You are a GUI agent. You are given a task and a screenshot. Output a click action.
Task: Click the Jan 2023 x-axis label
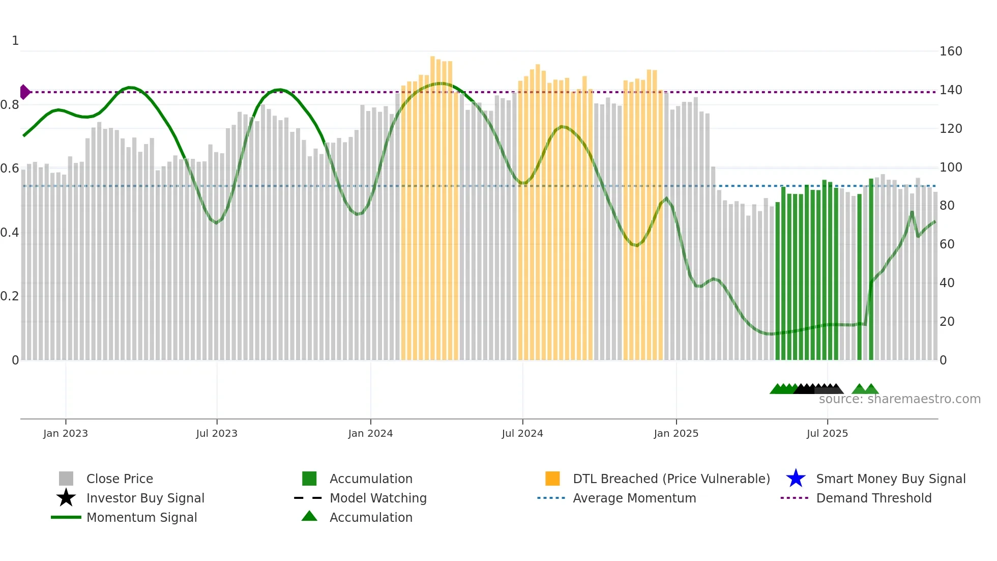66,433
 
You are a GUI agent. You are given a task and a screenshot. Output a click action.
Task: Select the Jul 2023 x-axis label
217,433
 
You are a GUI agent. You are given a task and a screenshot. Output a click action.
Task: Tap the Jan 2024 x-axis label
370,433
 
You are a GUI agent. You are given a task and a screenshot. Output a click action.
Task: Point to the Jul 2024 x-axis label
522,433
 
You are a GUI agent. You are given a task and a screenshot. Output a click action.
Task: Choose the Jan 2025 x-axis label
676,433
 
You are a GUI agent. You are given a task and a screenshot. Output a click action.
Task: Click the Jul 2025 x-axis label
827,433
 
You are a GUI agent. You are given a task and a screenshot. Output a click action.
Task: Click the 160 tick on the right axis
951,51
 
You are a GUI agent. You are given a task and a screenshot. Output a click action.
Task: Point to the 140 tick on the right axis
951,90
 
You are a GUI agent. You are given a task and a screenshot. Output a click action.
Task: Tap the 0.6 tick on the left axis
10,169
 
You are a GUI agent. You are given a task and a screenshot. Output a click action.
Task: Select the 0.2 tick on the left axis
10,296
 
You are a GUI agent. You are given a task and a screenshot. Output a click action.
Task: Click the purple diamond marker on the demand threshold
24,92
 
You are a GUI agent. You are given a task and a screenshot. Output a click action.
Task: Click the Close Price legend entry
120,479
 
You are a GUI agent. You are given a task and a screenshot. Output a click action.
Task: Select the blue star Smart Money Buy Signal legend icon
796,479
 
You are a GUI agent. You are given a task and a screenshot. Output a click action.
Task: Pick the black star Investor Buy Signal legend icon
66,498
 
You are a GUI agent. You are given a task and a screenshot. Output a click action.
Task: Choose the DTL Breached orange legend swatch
552,479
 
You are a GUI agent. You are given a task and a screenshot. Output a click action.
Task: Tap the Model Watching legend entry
378,498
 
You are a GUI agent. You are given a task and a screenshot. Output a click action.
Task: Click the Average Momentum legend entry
634,498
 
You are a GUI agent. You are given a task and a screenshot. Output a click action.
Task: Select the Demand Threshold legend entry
873,498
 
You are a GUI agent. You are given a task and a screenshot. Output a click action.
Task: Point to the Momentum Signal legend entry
141,518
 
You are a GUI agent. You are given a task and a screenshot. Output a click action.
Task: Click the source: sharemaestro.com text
899,399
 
